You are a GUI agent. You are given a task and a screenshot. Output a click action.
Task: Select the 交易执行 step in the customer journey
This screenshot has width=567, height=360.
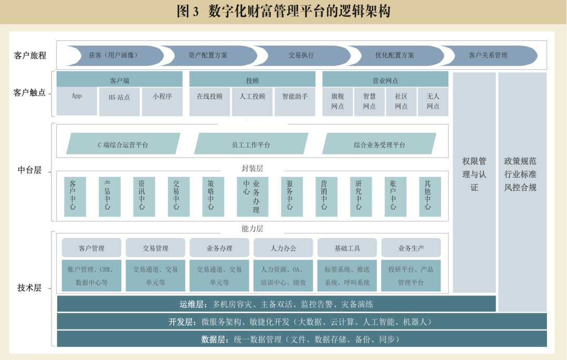pyautogui.click(x=301, y=55)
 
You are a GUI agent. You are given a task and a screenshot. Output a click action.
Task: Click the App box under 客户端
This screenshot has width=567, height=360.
pyautogui.click(x=77, y=101)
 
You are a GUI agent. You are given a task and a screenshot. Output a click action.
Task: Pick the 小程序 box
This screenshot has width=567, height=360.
pyautogui.click(x=162, y=101)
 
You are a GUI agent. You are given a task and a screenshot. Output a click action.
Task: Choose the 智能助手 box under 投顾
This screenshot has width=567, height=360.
pyautogui.click(x=295, y=101)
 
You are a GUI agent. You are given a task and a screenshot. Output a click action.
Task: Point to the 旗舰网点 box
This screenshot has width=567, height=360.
pyautogui.click(x=338, y=101)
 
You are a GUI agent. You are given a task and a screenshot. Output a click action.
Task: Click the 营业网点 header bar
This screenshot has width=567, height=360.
pyautogui.click(x=385, y=80)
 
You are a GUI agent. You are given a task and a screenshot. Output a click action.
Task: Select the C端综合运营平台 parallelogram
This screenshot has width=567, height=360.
pyautogui.click(x=123, y=144)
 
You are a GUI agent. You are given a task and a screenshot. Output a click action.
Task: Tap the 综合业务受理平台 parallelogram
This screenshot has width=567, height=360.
pyautogui.click(x=379, y=144)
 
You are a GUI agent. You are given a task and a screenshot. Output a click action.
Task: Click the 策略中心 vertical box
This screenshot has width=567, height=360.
pyautogui.click(x=211, y=196)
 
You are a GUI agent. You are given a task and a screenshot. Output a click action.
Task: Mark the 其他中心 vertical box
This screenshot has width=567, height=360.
pyautogui.click(x=428, y=196)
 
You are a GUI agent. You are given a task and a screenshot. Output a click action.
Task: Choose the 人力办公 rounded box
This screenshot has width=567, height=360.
pyautogui.click(x=283, y=248)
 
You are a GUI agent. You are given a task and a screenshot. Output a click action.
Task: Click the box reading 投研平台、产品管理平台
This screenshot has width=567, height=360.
pyautogui.click(x=411, y=276)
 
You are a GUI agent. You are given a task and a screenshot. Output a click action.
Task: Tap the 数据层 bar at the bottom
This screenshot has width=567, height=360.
pyautogui.click(x=301, y=339)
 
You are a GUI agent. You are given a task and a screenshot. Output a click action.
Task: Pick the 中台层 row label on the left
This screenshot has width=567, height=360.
pyautogui.click(x=29, y=170)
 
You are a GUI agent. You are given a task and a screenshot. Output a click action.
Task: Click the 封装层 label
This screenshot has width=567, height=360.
pyautogui.click(x=252, y=168)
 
